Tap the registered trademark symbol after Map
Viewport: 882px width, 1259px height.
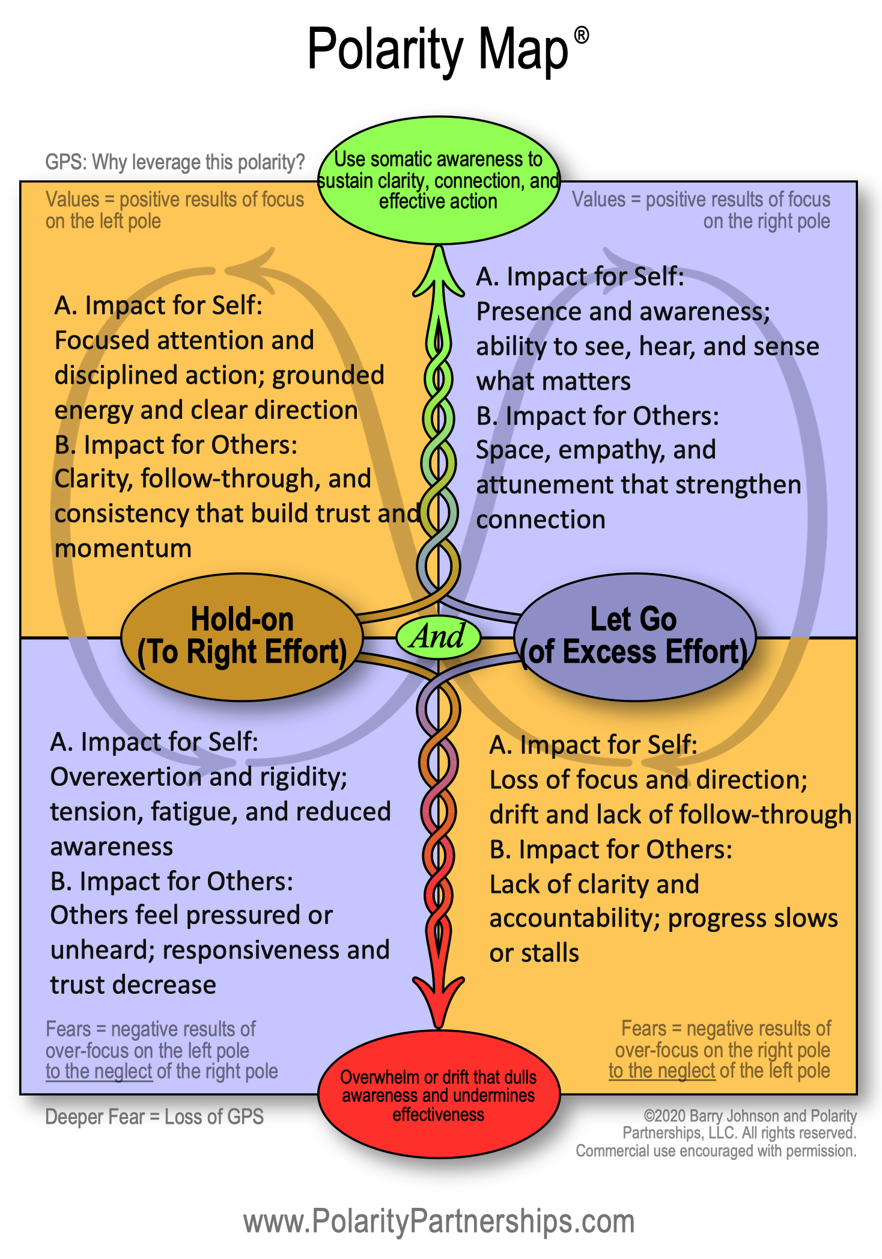coord(581,35)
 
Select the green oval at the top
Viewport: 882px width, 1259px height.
coord(439,180)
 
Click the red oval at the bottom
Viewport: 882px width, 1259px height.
coord(439,1095)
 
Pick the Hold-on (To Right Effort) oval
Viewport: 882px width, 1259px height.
coord(242,637)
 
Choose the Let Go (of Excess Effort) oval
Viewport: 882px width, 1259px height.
coord(634,637)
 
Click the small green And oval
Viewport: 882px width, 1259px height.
coord(438,636)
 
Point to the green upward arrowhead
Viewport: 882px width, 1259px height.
coord(439,271)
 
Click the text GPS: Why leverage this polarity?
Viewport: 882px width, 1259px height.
coord(175,162)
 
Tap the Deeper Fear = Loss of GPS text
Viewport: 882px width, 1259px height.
coord(154,1117)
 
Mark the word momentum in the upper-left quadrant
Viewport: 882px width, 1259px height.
coord(123,548)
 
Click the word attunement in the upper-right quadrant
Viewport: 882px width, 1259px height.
coord(541,485)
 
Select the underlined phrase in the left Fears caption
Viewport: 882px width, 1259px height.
coord(99,1071)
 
